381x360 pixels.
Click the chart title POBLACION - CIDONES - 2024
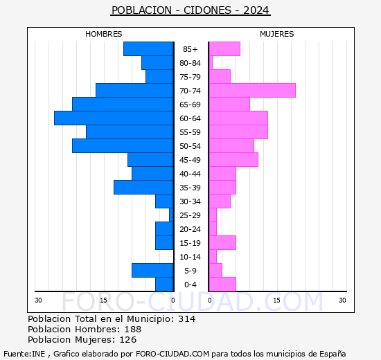(190, 10)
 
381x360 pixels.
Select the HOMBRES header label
(103, 34)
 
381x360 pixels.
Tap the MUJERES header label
(276, 34)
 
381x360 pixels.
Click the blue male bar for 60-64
(114, 118)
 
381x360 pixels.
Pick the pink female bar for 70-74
(252, 91)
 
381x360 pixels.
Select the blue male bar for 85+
(148, 49)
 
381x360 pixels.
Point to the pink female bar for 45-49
(233, 160)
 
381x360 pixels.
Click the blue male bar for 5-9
(152, 271)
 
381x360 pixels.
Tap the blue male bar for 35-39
(143, 188)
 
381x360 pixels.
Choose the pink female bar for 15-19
(222, 243)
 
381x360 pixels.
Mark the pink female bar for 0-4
(222, 285)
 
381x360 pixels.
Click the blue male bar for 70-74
(134, 91)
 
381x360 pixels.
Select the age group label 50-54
(190, 146)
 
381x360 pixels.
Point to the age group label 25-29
(190, 215)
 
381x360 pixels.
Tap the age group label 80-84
(190, 63)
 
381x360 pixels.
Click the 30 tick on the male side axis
(39, 300)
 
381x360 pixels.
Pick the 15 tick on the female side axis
(276, 300)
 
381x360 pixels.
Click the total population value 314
(186, 318)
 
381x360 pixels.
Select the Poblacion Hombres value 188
(127, 330)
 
